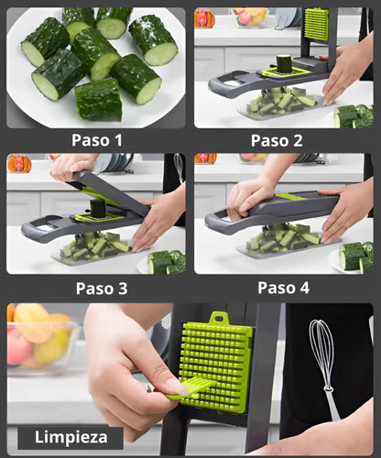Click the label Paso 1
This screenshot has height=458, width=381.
pos(95,140)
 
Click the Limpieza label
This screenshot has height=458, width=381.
pos(70,437)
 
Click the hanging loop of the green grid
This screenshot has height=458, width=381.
pos(218,320)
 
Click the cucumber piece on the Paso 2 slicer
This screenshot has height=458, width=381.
pos(284,63)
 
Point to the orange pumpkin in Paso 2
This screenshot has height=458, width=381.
pos(204,18)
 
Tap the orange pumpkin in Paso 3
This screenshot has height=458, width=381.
pos(18,164)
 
